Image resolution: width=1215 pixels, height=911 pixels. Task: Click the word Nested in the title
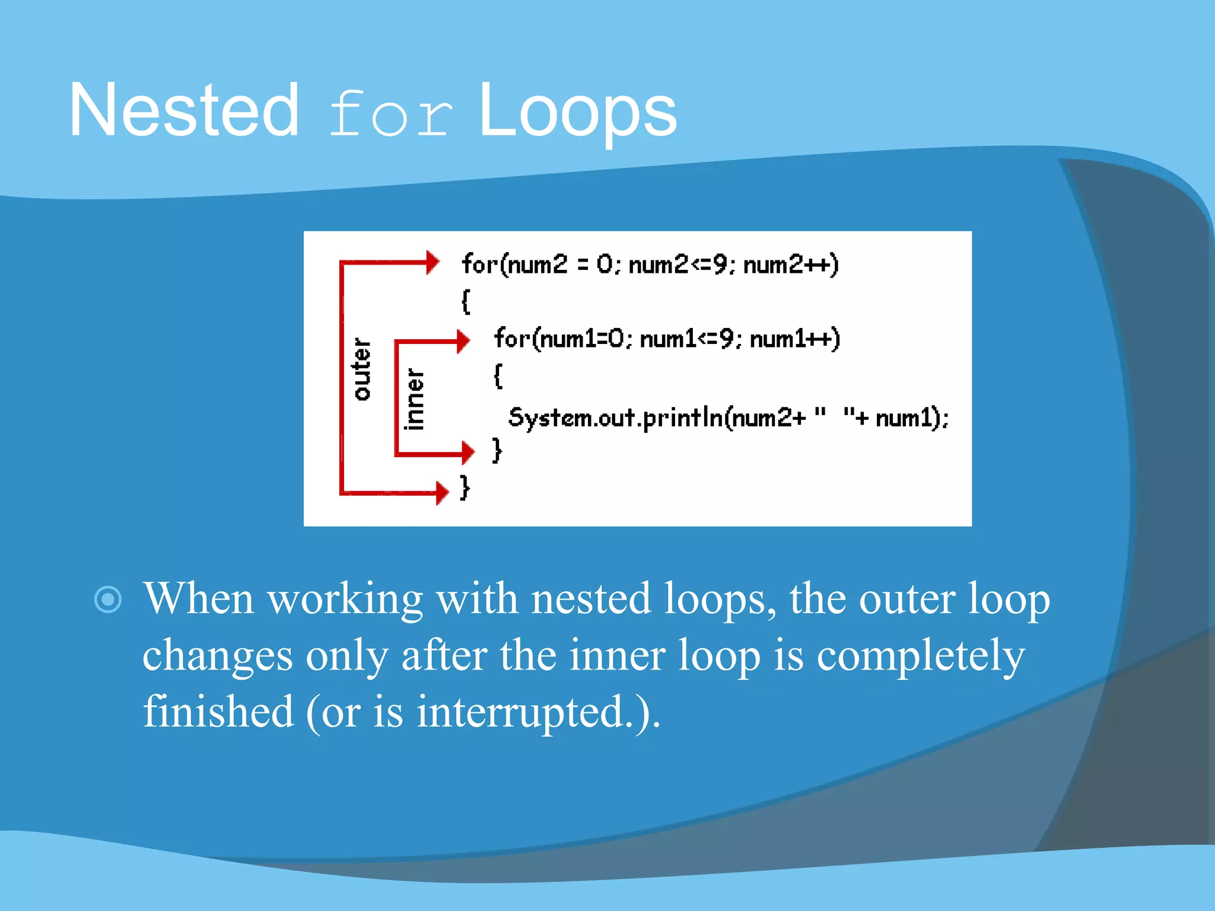click(x=184, y=112)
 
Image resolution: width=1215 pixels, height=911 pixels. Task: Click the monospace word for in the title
click(x=390, y=114)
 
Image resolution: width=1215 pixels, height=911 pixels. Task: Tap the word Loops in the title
click(x=577, y=112)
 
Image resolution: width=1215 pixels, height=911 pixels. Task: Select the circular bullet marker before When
click(x=108, y=600)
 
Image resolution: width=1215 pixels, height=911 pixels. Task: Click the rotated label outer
click(x=361, y=370)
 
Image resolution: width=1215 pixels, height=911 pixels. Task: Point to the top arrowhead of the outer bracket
click(x=433, y=262)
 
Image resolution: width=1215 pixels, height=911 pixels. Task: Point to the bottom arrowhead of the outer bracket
click(x=442, y=493)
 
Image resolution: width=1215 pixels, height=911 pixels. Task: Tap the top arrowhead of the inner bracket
click(x=463, y=341)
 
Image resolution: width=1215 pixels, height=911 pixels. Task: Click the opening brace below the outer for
click(x=466, y=301)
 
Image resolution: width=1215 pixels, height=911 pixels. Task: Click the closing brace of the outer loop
click(x=465, y=488)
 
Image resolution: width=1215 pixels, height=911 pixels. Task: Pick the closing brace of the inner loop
click(x=497, y=450)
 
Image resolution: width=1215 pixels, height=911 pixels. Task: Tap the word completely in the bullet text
click(x=920, y=655)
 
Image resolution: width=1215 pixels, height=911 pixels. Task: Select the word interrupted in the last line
click(x=520, y=712)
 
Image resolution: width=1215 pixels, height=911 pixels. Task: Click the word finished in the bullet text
click(x=218, y=712)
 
